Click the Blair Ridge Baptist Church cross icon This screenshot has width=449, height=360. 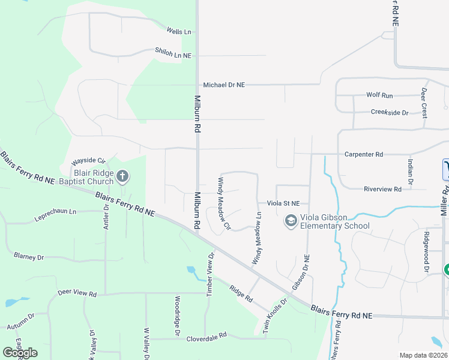tap(122, 176)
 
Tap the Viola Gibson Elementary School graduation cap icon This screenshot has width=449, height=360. tap(291, 221)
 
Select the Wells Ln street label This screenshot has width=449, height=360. tap(179, 31)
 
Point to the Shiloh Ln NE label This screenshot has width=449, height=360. tap(173, 55)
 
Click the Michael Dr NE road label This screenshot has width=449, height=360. tap(224, 85)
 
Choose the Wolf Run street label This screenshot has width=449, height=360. tap(379, 95)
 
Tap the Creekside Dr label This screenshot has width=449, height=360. tap(389, 112)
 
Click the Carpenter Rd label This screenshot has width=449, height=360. tap(364, 154)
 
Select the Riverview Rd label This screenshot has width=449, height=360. tap(381, 189)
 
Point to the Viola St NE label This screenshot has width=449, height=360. tap(283, 203)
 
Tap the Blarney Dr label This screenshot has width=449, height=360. tap(29, 257)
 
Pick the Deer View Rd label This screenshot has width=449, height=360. tap(77, 293)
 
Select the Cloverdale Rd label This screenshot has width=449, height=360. tap(206, 335)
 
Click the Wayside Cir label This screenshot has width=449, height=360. tap(88, 162)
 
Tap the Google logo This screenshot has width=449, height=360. tap(20, 352)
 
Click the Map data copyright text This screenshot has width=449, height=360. tap(424, 355)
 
